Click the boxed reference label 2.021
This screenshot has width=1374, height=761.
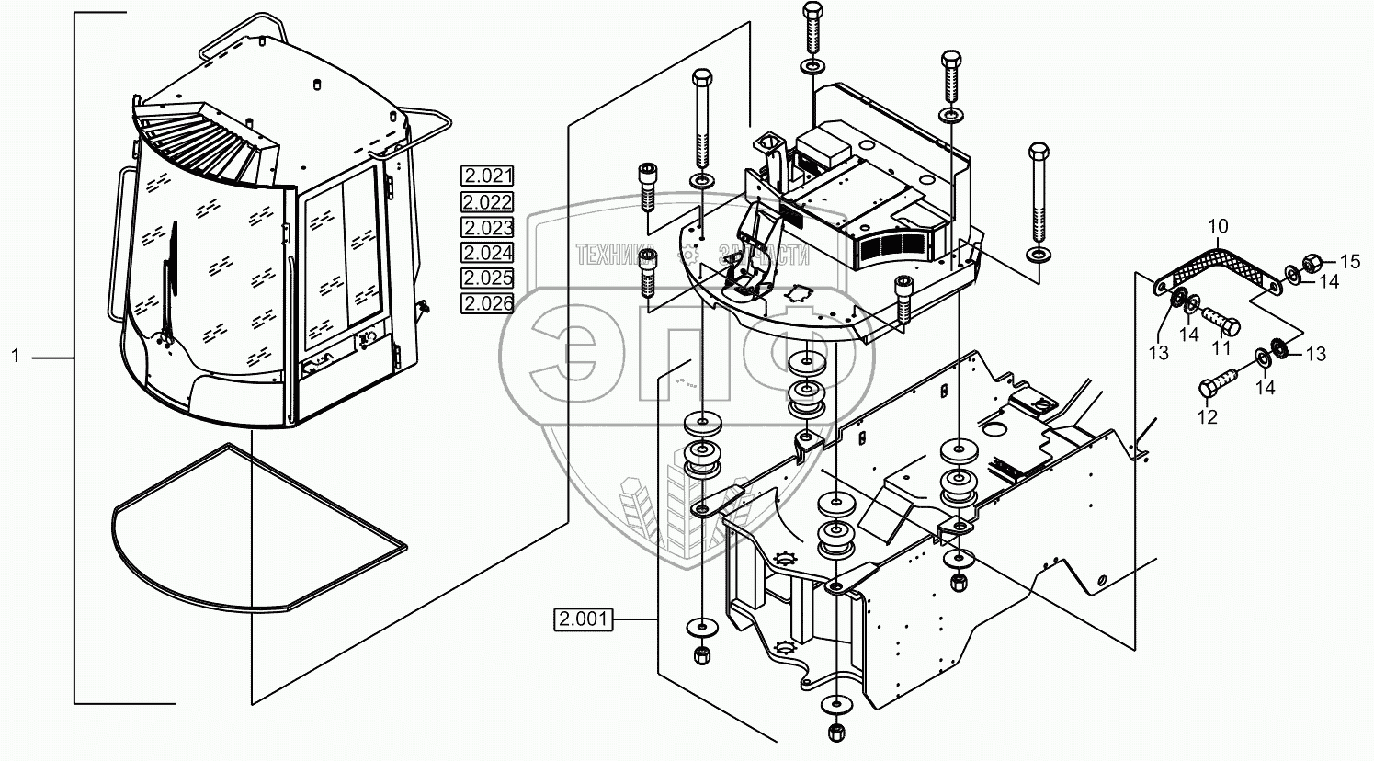tap(487, 176)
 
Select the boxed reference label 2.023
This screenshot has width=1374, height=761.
tap(487, 228)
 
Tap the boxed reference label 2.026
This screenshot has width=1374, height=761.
tap(487, 304)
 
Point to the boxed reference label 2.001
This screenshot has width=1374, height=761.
tap(583, 619)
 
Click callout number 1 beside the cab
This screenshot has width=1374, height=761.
tap(16, 357)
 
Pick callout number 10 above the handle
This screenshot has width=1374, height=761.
tap(1217, 226)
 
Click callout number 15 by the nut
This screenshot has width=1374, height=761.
tap(1348, 262)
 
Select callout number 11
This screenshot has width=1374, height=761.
tap(1221, 348)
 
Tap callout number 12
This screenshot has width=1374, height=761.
tap(1207, 416)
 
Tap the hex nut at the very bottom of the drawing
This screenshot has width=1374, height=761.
tap(835, 732)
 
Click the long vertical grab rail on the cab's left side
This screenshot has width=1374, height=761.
tap(116, 244)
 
